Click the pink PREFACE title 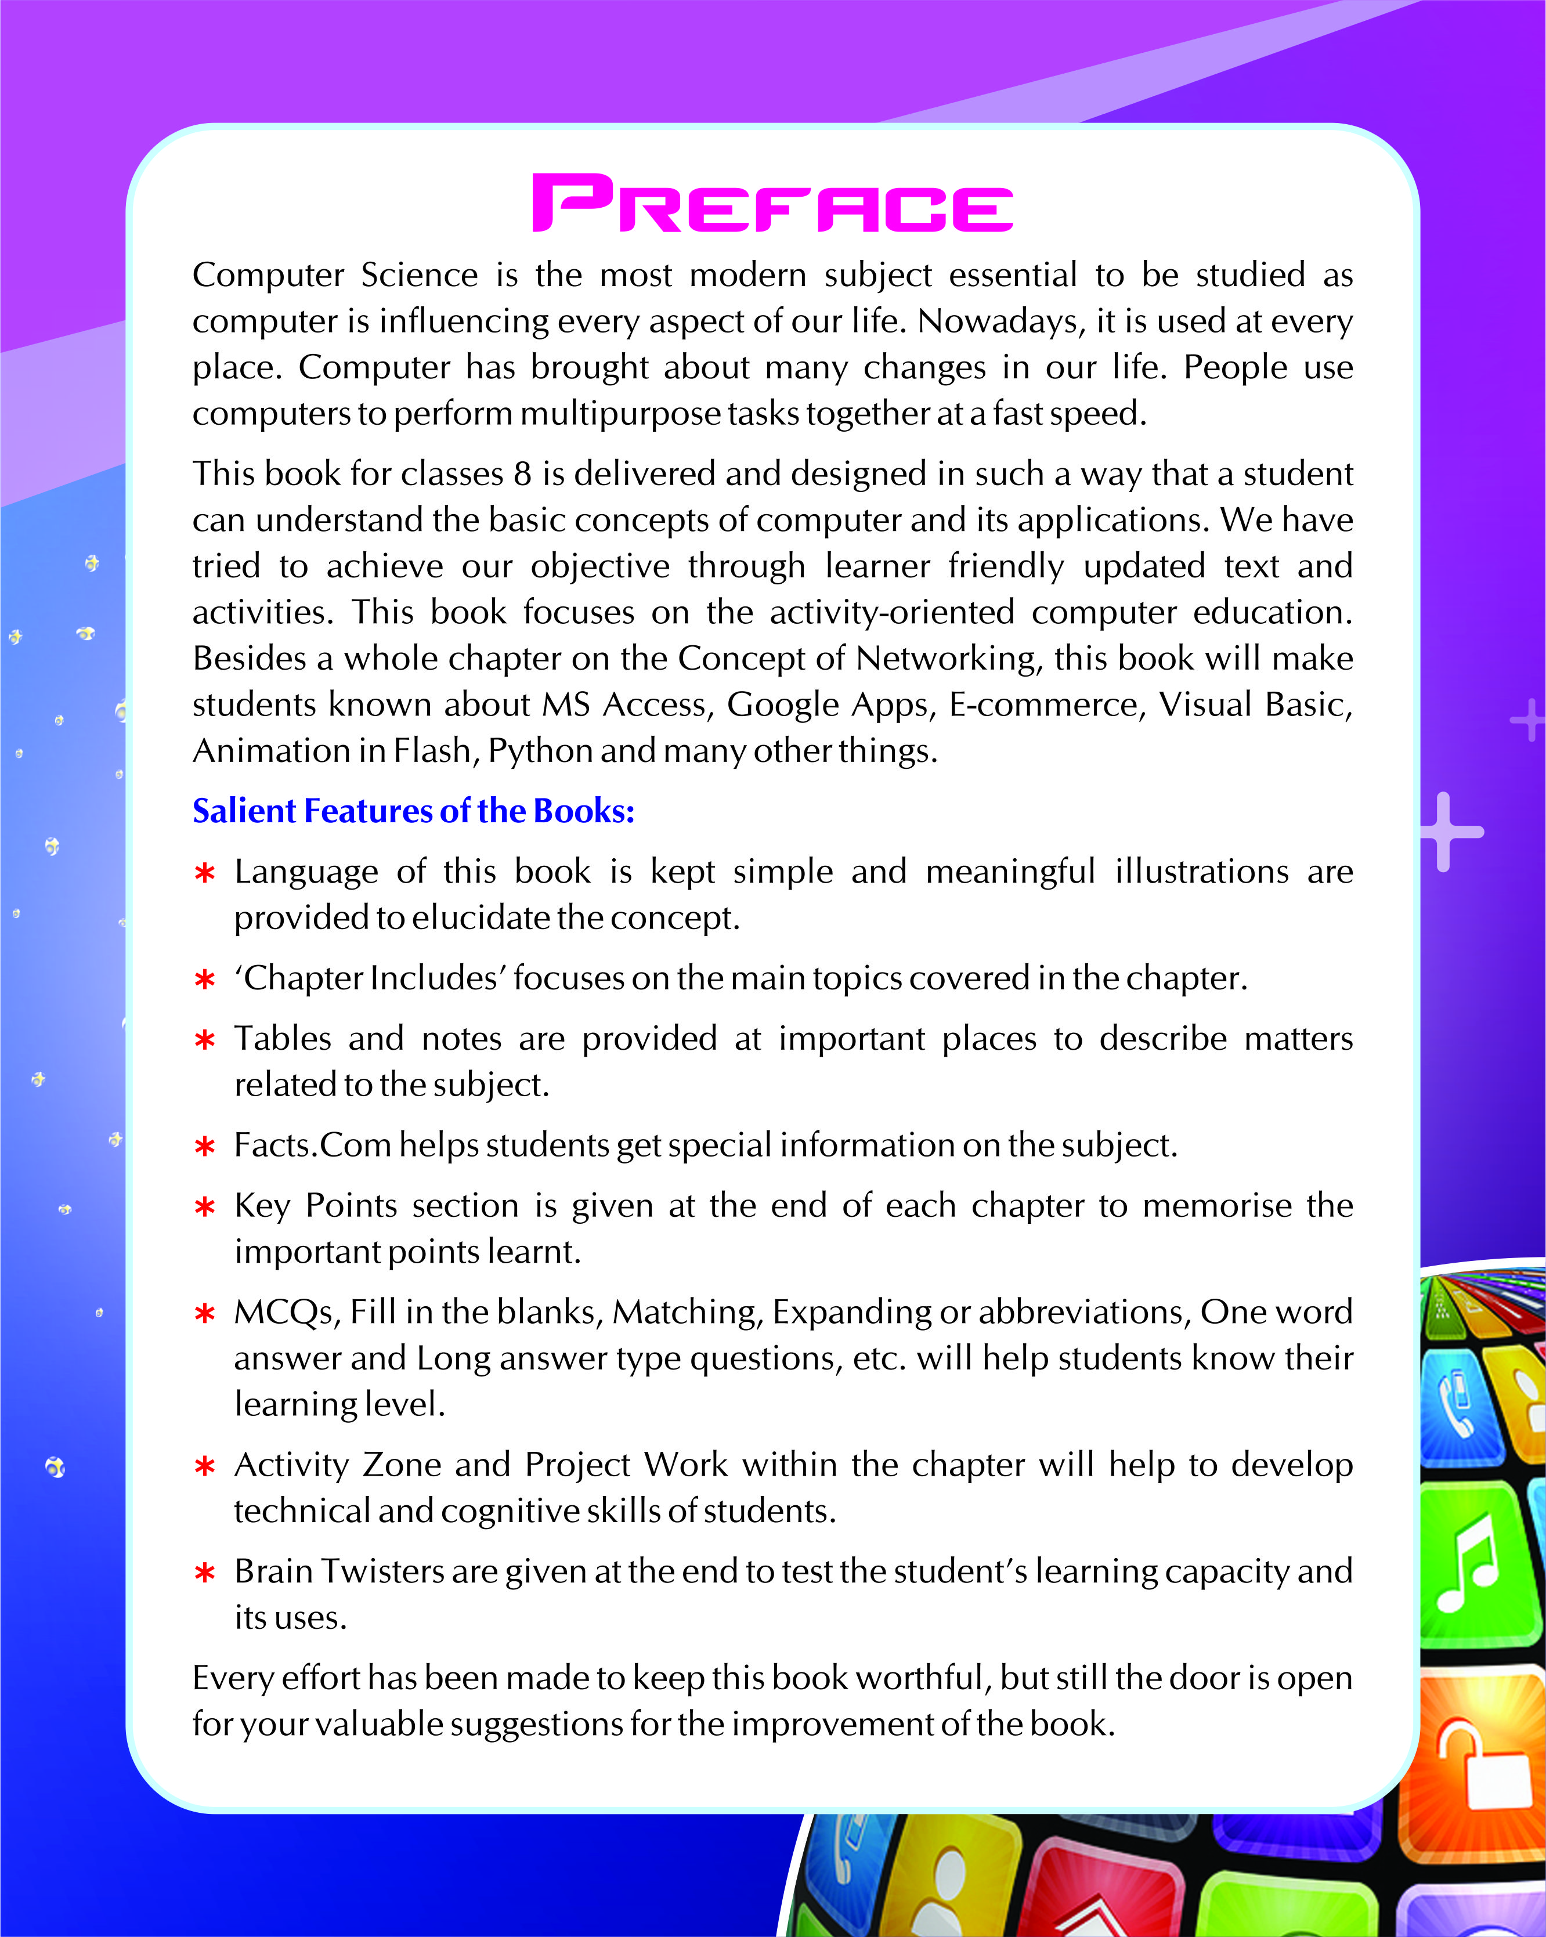tap(772, 203)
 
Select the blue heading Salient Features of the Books tap(413, 811)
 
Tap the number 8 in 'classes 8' tap(522, 474)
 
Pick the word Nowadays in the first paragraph tap(1000, 321)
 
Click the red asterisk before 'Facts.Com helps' tap(205, 1147)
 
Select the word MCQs tap(287, 1313)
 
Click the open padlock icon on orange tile tap(1482, 1765)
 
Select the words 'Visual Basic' tap(1255, 704)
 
